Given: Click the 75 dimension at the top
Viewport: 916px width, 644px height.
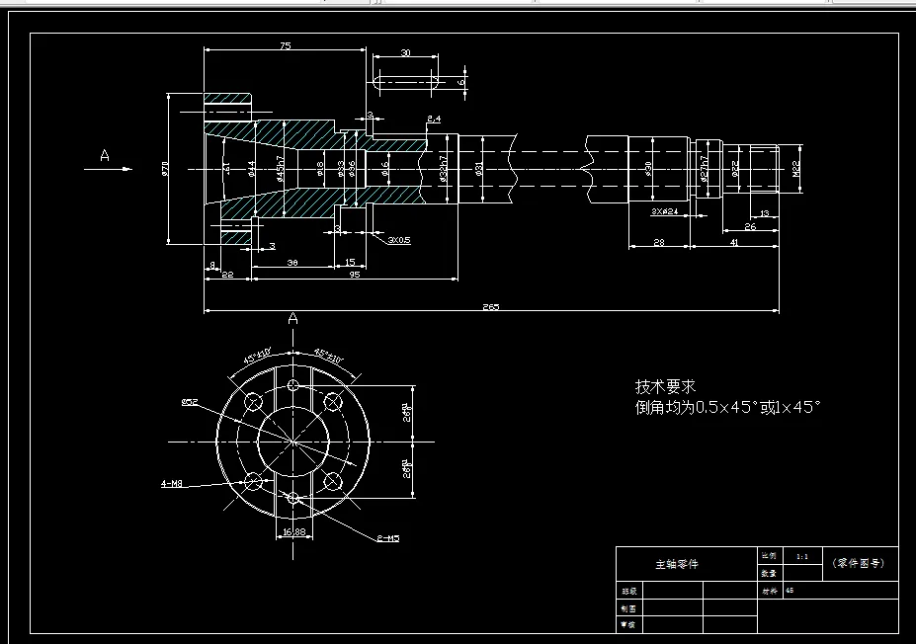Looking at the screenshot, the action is click(285, 46).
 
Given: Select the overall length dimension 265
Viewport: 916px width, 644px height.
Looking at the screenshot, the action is click(491, 306).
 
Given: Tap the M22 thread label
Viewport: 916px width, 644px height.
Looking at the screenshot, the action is click(794, 169).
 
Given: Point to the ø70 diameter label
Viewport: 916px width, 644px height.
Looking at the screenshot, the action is click(166, 169).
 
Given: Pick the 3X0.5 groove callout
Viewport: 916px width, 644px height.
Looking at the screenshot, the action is click(399, 239).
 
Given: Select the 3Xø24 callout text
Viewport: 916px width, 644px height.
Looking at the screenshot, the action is click(663, 211).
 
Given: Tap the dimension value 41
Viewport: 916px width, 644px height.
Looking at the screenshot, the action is click(733, 242).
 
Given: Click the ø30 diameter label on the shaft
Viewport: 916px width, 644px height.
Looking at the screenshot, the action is click(648, 169).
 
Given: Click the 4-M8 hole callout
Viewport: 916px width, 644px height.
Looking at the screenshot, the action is click(172, 484).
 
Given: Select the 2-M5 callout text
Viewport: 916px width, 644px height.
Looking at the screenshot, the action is click(386, 538).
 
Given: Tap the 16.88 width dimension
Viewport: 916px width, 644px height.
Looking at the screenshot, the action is click(292, 531).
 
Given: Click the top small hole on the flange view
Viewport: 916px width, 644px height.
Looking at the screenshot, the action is click(292, 385).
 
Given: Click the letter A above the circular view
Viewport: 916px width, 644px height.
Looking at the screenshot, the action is click(292, 319).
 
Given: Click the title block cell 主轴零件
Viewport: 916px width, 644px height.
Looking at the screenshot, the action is click(677, 564).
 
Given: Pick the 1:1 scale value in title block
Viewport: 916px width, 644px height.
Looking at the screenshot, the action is click(801, 556).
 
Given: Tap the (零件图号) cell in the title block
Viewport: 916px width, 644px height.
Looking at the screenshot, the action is click(859, 563).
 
